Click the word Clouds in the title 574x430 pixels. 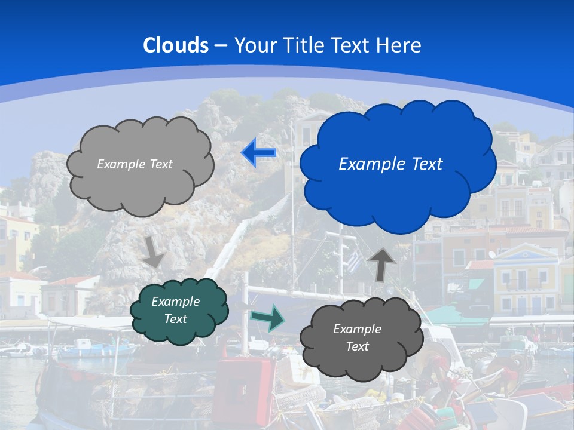tap(176, 45)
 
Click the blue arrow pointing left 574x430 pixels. tap(258, 153)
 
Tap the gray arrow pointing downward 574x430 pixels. tap(154, 253)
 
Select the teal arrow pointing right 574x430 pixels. tap(267, 318)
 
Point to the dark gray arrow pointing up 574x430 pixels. tap(382, 263)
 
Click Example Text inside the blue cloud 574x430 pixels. tap(390, 164)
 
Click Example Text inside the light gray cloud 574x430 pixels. tap(135, 164)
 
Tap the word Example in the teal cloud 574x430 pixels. tap(175, 302)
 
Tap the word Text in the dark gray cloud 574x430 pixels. tap(357, 346)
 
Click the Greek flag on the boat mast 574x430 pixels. tap(354, 261)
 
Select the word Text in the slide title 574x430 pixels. tap(352, 45)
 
